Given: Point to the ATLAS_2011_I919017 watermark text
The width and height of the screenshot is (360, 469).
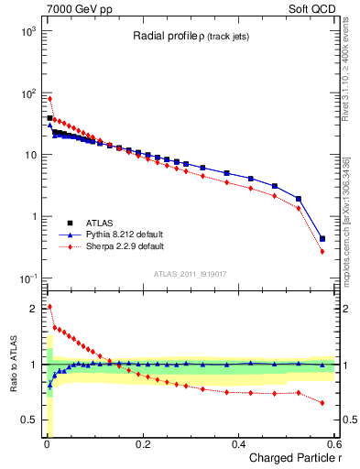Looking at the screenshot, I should coord(183,273).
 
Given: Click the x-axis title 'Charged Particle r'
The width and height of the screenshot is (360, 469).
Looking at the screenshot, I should coord(292,459).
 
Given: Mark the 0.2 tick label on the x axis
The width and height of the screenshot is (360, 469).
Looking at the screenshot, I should coord(142,444).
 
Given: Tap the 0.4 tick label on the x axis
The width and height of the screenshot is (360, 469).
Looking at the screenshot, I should coord(238,444).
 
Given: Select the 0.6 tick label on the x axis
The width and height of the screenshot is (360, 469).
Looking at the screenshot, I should coord(333,444).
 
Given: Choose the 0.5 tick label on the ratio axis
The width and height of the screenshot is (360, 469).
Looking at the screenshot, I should coord(28,420).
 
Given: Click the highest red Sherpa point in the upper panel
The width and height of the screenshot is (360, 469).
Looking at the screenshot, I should coord(49,98).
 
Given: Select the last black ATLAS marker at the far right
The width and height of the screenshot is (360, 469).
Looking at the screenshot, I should coord(322,239).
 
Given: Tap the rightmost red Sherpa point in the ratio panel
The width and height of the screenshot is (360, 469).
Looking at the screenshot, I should coord(322,403).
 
